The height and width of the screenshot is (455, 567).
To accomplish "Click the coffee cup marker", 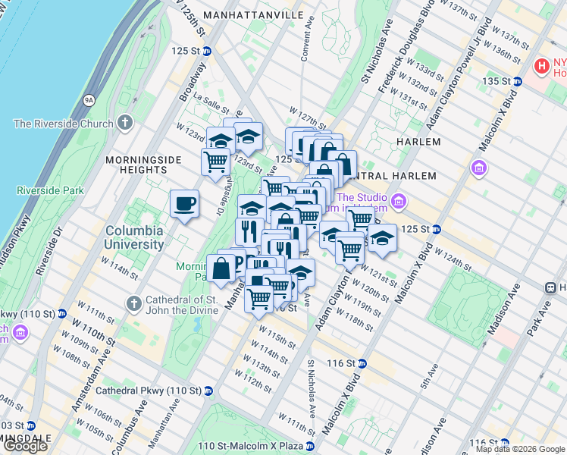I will point(185,204).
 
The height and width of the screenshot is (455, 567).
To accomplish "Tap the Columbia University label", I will point(134,237).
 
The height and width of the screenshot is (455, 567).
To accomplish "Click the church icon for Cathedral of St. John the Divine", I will point(133,303).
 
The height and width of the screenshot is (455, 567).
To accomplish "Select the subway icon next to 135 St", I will point(517,80).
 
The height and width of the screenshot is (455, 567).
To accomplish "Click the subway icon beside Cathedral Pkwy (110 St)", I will point(208,391).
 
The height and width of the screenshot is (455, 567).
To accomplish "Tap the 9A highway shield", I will point(89,99).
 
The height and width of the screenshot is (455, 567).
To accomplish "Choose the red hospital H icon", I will point(541,66).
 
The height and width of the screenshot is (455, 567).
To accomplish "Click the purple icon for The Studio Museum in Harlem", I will point(399,202).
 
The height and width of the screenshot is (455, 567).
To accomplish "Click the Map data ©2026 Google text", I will point(520,449).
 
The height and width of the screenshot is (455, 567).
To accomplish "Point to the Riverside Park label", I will point(50,190).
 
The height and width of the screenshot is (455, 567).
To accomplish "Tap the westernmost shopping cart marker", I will point(216,161).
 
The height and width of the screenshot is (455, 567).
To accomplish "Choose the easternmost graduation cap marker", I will point(383,238).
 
